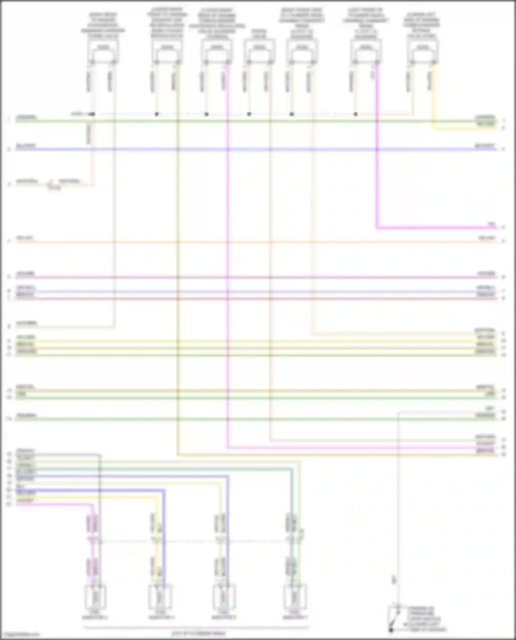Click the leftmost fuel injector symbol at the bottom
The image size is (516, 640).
click(95, 598)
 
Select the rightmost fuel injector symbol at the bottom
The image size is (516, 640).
click(295, 598)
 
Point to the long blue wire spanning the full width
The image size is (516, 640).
click(241, 150)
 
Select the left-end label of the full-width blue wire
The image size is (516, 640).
click(26, 146)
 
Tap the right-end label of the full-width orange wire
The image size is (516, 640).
click(486, 238)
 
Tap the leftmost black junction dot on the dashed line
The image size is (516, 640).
click(93, 114)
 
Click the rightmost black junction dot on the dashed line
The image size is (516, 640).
click(356, 114)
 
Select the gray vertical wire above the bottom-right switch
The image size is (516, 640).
click(398, 516)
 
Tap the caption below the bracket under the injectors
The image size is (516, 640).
click(199, 633)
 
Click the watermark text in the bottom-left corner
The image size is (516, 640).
click(20, 635)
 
